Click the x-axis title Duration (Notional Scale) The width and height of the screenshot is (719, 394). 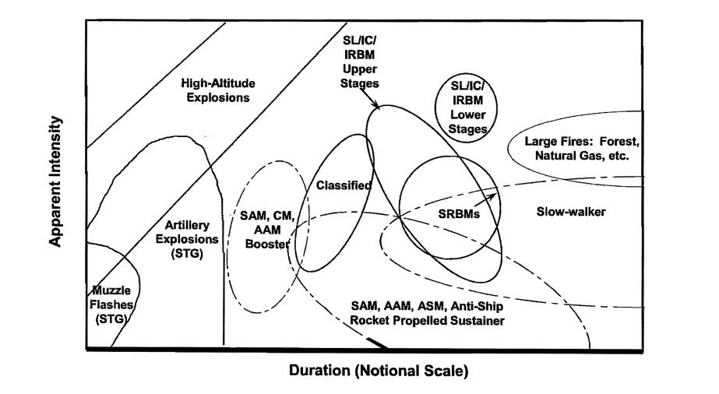(x=379, y=370)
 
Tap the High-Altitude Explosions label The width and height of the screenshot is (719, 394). (x=218, y=90)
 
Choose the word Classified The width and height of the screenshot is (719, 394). (x=344, y=185)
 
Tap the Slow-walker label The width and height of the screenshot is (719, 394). (x=572, y=211)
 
